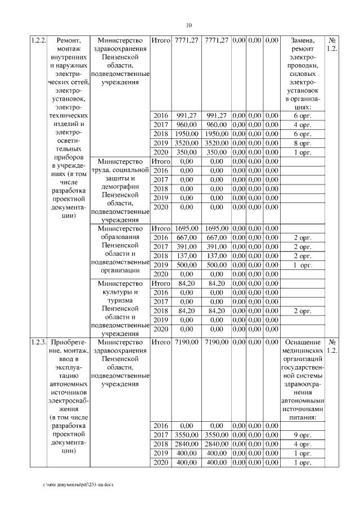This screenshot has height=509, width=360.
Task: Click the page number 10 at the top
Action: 188,25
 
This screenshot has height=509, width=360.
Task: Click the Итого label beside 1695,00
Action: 161,228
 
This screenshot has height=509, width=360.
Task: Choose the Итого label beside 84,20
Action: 161,283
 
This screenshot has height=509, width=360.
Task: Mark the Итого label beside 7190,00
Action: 161,342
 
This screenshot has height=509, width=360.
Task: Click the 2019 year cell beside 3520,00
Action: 161,143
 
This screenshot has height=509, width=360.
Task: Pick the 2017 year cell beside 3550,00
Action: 161,435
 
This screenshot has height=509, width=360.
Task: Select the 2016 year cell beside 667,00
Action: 161,237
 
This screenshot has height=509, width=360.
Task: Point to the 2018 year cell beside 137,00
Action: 161,255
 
